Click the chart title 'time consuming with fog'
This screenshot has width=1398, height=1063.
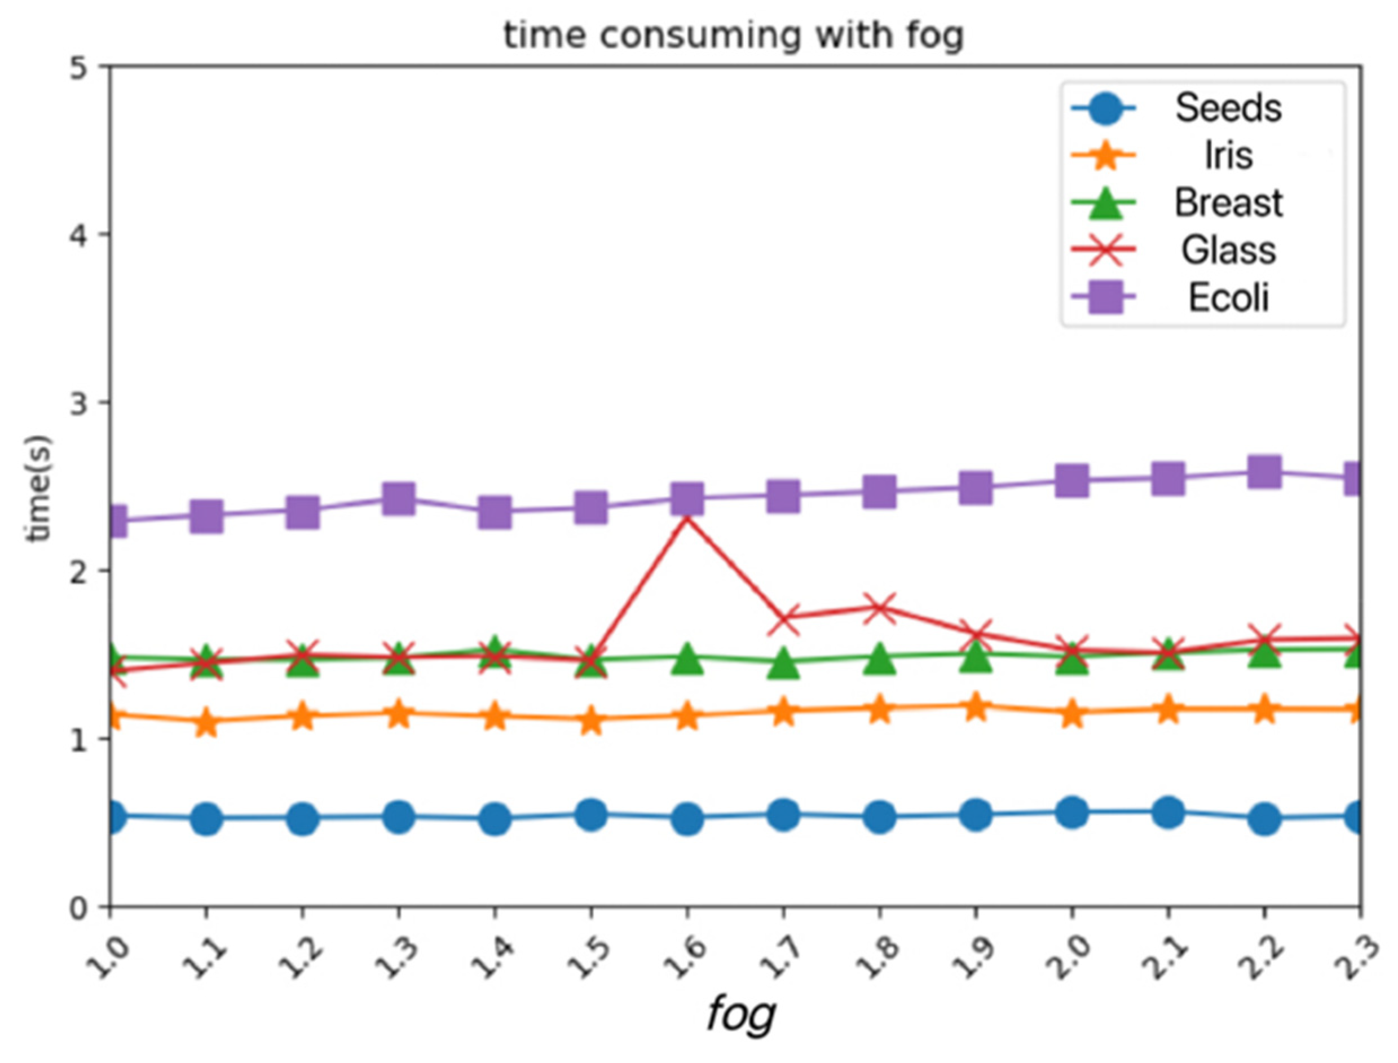pyautogui.click(x=734, y=35)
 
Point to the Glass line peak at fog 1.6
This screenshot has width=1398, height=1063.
pyautogui.click(x=687, y=518)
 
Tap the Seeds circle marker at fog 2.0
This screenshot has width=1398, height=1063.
pyautogui.click(x=1071, y=812)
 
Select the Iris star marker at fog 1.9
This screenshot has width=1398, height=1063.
pyautogui.click(x=976, y=705)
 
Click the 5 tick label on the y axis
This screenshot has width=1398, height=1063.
pyautogui.click(x=78, y=66)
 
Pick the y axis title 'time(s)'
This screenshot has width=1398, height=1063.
pyautogui.click(x=38, y=488)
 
